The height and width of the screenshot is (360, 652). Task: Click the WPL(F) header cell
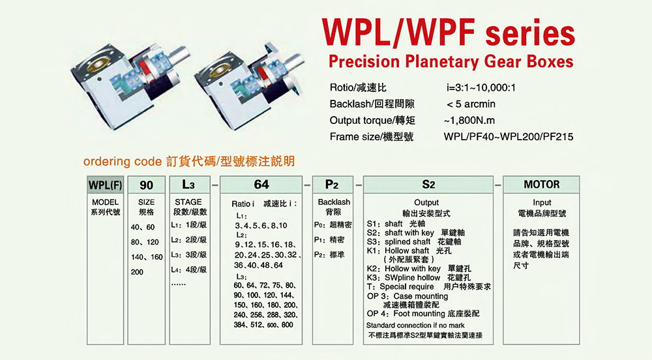click(106, 185)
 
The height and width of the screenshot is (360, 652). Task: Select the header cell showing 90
click(146, 185)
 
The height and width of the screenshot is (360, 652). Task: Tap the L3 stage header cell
click(190, 185)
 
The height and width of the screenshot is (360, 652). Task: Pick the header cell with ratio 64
click(261, 185)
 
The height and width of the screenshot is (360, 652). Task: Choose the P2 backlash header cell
click(333, 185)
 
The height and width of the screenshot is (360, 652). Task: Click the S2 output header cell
click(428, 185)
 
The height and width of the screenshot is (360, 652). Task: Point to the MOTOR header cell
click(541, 185)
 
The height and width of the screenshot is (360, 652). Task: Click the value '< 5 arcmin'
click(471, 104)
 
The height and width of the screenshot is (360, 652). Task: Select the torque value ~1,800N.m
click(469, 121)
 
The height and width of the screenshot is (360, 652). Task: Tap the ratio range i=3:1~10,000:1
click(481, 87)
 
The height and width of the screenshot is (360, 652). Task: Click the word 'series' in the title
click(530, 33)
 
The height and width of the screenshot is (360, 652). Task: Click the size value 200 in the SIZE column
click(137, 273)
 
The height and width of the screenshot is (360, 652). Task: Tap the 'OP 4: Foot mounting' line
click(406, 314)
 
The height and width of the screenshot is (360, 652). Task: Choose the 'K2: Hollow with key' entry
click(404, 269)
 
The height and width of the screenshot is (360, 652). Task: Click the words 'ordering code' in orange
click(123, 161)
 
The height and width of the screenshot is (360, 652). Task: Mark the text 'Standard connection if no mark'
click(415, 325)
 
